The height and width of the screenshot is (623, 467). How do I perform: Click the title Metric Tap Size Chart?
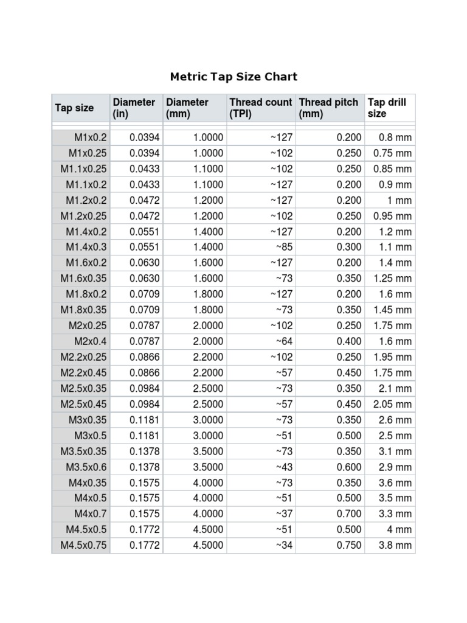233,77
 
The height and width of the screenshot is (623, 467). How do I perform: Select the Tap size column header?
74,108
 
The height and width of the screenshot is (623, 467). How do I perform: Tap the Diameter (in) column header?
134,108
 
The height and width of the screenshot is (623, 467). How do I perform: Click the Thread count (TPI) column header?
260,108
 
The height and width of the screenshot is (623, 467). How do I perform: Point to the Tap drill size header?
387,108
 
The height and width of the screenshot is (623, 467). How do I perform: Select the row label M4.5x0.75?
83,545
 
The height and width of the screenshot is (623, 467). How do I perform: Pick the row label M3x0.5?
90,436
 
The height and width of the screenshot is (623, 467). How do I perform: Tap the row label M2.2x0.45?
83,372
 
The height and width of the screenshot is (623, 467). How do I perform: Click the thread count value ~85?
283,247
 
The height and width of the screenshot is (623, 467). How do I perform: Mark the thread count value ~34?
283,545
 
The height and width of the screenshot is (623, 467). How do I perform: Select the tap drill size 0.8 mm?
395,137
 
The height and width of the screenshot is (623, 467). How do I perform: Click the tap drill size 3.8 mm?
395,545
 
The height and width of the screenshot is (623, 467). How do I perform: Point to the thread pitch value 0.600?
349,467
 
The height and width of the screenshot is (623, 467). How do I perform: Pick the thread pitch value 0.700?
349,514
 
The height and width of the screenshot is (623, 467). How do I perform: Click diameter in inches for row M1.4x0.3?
144,247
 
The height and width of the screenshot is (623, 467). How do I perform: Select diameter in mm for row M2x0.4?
208,341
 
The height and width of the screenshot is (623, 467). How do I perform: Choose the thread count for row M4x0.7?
283,514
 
